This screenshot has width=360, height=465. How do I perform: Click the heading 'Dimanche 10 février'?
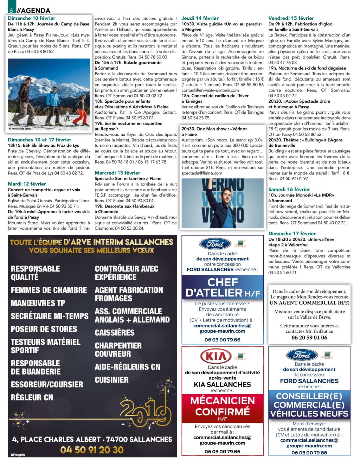coord(32,18)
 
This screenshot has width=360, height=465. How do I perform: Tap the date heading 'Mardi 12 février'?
coord(27,184)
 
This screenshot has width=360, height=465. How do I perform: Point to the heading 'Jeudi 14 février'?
coord(200,18)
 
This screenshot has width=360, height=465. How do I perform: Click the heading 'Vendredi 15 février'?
coord(291,18)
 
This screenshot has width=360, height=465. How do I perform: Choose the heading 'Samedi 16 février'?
coord(289,190)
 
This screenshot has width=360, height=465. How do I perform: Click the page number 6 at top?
coord(11,10)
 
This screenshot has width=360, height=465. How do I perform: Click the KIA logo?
coord(216,356)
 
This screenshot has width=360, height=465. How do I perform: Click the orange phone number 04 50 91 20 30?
coord(92,450)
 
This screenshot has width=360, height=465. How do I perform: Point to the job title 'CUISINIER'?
coord(111,380)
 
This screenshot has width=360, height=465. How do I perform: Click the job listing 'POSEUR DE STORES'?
coord(44,329)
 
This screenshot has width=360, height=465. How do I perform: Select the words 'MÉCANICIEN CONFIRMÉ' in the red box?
coord(222,406)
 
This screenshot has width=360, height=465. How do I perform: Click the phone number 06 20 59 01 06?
coord(309,338)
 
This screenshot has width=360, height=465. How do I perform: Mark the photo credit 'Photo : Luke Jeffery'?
coord(21,128)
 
